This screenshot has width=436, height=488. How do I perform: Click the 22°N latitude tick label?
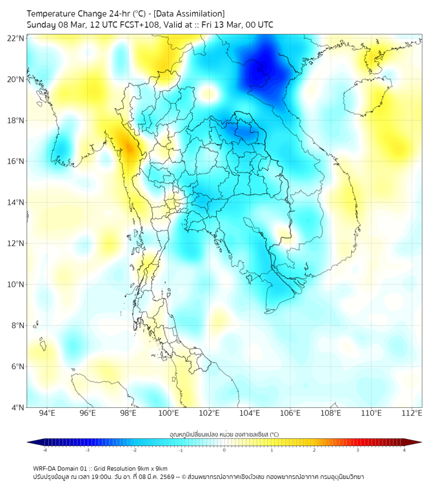coord(16,38)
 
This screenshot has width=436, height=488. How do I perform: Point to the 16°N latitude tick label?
coord(16,161)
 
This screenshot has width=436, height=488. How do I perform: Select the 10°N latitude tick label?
coord(16,284)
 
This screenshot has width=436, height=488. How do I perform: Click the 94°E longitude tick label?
coord(47,413)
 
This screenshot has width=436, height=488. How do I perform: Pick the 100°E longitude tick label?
coord(169,413)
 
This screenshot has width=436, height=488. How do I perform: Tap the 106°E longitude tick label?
coord(290,413)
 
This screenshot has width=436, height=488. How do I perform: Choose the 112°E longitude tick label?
coord(412,413)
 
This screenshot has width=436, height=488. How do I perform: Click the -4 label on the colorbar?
coord(44,450)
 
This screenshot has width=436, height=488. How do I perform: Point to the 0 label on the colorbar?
coord(224,450)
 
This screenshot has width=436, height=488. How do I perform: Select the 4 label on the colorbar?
coord(404,450)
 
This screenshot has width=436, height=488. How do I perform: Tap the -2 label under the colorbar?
coord(134,450)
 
